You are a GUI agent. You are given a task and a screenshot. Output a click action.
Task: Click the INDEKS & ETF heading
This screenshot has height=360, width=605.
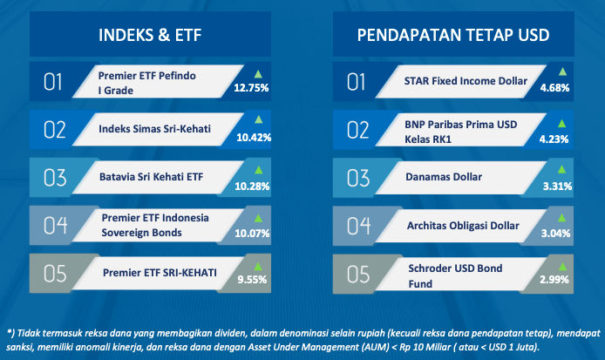point(150,35)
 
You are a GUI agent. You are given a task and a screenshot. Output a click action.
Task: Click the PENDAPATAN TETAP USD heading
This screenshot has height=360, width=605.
point(453,35)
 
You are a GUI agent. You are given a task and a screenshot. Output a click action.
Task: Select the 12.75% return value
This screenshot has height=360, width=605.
point(251,88)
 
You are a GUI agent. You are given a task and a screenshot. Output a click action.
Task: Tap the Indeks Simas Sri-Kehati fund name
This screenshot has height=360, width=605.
point(154,128)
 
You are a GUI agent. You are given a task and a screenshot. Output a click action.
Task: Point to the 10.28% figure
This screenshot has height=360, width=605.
point(252,187)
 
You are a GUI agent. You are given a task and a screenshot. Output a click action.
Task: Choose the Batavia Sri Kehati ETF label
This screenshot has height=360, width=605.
point(152,177)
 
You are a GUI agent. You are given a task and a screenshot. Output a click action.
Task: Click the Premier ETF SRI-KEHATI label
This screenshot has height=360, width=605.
point(160,273)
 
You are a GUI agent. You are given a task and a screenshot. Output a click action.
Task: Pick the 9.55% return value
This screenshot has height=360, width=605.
point(252,279)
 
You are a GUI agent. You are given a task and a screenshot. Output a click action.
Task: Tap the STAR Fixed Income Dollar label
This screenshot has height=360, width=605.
point(466,81)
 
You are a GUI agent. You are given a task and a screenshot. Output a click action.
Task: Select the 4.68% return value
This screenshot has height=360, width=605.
point(554,88)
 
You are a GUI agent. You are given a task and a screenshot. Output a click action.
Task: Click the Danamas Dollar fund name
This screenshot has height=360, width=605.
point(444,177)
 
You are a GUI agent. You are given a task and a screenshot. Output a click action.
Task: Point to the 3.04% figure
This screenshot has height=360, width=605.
point(555,233)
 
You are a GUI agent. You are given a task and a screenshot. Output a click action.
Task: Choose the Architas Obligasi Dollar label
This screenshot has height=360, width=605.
point(463,226)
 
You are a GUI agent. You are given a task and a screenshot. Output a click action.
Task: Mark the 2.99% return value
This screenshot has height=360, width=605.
point(554,279)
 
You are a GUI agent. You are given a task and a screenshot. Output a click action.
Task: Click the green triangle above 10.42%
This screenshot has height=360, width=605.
point(259,119)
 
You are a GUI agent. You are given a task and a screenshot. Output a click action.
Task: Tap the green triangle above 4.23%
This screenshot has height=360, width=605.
point(561,124)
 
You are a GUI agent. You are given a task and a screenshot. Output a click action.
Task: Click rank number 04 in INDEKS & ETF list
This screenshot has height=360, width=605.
point(55,226)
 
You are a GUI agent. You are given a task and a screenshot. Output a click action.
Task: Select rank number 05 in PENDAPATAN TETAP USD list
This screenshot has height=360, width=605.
point(358,274)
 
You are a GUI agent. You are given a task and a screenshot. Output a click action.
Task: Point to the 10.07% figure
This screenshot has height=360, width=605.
point(252,233)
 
